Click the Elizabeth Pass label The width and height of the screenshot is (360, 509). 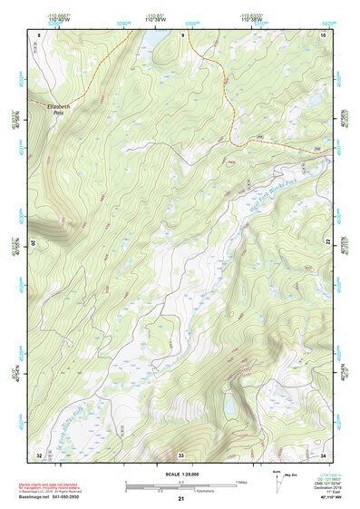(x=56, y=108)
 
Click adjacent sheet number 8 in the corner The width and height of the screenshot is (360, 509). (x=39, y=34)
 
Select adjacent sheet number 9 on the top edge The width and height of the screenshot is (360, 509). (x=181, y=34)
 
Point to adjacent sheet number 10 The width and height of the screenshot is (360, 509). (x=323, y=34)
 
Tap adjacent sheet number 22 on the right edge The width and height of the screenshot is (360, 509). (x=327, y=242)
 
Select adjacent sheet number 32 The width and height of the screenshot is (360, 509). (x=39, y=454)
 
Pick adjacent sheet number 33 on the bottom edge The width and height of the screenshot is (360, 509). (x=181, y=454)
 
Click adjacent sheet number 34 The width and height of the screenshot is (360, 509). (x=323, y=454)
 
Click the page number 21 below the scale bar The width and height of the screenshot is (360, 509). (x=180, y=499)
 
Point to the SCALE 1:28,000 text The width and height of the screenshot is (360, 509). (x=180, y=474)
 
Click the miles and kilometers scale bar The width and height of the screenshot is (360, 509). (x=180, y=485)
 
